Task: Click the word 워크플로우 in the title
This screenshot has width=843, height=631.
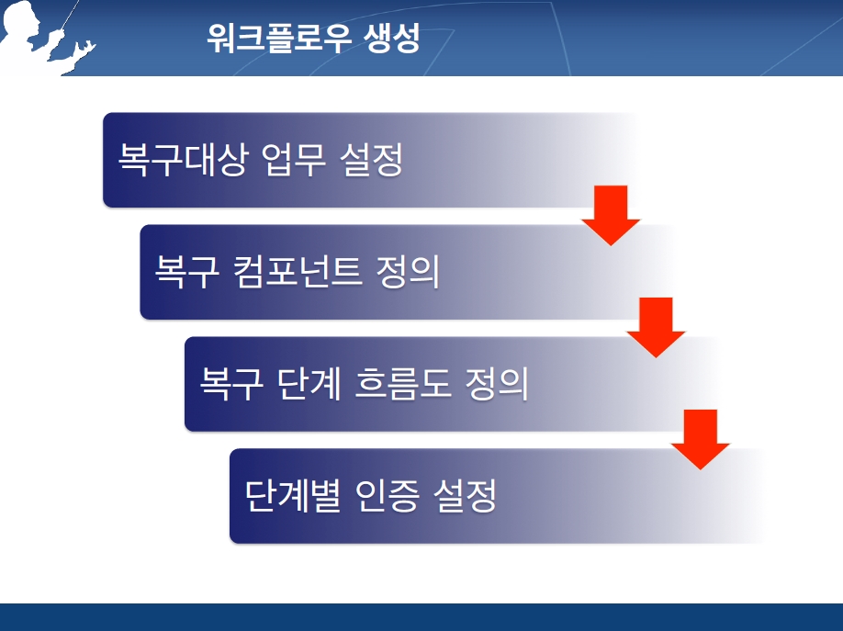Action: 279,38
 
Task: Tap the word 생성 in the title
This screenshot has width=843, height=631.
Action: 392,38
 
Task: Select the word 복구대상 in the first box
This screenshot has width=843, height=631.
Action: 183,160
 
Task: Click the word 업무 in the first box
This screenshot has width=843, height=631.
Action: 294,160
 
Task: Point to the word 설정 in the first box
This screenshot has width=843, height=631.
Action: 372,160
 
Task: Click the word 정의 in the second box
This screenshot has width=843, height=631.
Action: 408,272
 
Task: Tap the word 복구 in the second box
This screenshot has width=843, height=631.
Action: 187,272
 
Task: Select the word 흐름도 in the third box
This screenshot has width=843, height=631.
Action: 403,384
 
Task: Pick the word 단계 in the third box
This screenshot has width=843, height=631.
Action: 309,384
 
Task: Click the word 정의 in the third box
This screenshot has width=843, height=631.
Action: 497,384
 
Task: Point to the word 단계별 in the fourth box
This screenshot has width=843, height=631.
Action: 293,495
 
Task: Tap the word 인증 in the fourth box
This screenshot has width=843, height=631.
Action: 387,495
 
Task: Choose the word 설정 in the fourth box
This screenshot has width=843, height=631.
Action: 465,495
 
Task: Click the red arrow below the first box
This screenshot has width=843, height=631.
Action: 611,215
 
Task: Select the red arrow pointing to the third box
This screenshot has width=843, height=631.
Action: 656,327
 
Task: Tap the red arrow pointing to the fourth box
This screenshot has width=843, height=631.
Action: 701,439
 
